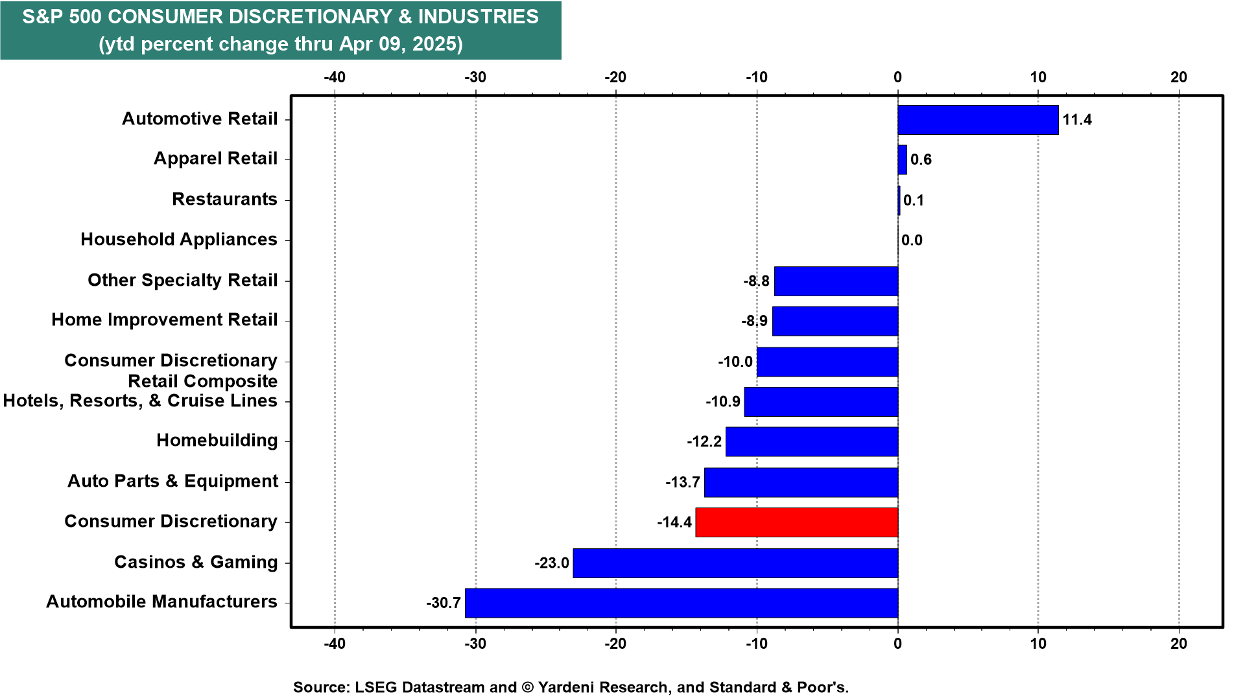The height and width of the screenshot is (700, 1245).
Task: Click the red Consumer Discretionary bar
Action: [797, 522]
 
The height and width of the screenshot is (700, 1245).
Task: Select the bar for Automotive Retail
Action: [978, 120]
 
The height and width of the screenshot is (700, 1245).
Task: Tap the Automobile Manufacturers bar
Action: [682, 603]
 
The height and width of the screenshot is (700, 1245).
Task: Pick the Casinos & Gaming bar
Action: [735, 563]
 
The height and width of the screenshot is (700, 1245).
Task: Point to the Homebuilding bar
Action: [812, 441]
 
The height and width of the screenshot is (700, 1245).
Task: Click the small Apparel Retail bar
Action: [902, 159]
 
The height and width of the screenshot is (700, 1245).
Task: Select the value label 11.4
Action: [1077, 120]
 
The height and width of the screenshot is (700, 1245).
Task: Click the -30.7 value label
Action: [444, 603]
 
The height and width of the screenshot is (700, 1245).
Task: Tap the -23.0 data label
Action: [552, 563]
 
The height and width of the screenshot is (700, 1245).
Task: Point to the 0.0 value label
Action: [912, 240]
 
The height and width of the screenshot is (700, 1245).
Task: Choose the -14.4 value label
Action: [674, 522]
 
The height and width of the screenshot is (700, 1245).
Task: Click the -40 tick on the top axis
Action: [335, 77]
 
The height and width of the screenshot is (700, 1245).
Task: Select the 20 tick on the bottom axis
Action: [1179, 644]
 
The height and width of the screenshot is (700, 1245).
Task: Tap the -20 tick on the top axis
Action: [615, 77]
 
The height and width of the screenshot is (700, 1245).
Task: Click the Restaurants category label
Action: [224, 199]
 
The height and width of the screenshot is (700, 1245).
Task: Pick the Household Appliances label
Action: [179, 240]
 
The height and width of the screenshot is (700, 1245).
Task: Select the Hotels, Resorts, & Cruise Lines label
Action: [140, 401]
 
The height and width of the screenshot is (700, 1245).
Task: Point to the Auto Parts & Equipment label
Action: [172, 482]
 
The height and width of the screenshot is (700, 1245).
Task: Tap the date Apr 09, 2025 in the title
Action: [399, 44]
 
